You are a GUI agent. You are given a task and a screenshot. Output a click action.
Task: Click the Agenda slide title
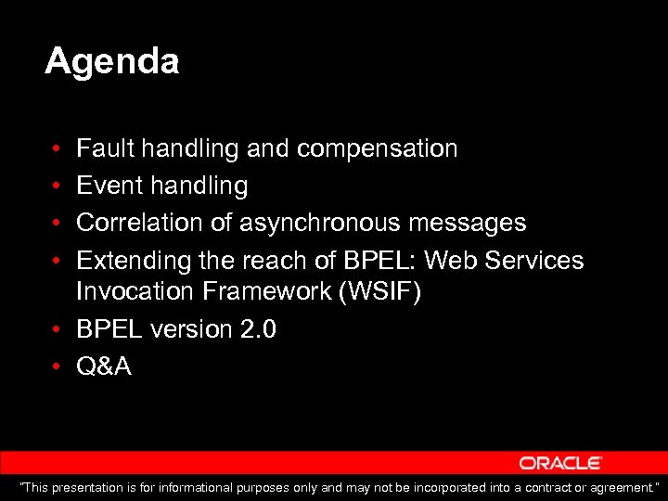click(x=111, y=62)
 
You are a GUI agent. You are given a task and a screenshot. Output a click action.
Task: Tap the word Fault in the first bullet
click(x=99, y=148)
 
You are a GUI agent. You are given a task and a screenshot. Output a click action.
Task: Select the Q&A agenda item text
click(x=103, y=366)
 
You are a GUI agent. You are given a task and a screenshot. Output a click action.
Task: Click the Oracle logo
click(x=560, y=463)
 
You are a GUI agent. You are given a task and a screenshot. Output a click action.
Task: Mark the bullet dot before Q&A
click(x=57, y=367)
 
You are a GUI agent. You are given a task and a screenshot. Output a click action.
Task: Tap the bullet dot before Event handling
click(x=57, y=186)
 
